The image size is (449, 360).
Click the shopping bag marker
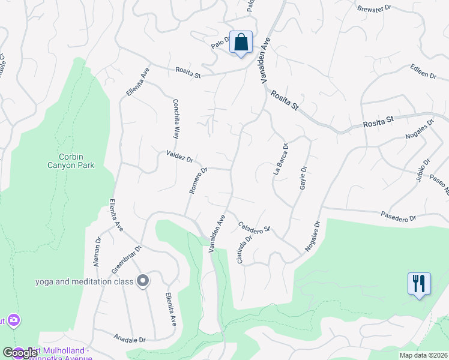(240, 43)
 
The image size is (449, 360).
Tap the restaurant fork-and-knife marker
(419, 284)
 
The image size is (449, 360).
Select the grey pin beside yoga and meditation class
(143, 281)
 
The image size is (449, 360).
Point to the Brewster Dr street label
(374, 9)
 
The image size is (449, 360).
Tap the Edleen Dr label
(423, 72)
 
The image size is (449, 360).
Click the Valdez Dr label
(179, 157)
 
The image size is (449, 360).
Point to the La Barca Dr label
(281, 158)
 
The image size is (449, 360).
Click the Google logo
(20, 352)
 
